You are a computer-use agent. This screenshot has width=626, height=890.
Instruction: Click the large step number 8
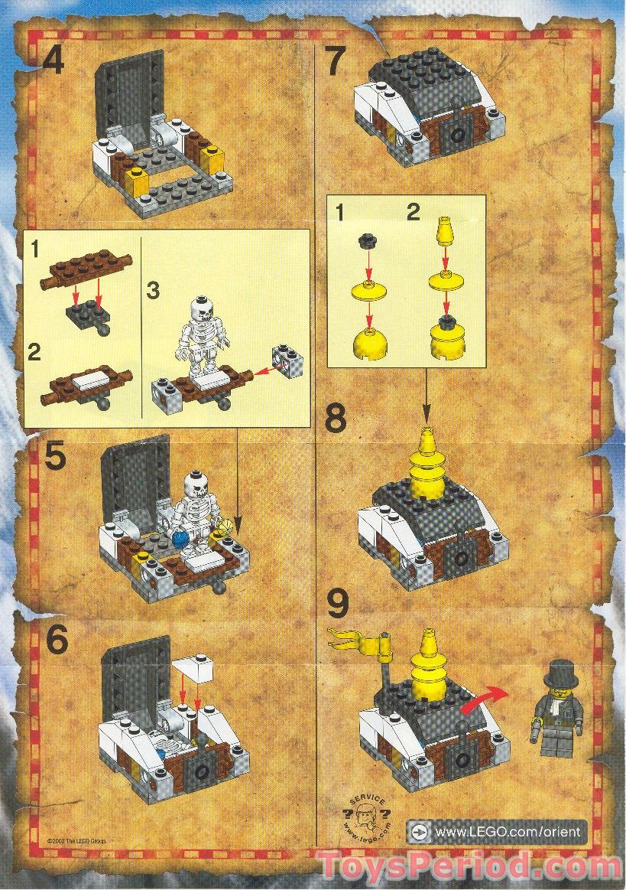pos(336,419)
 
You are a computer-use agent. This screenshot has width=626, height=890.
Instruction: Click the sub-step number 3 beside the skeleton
pos(154,292)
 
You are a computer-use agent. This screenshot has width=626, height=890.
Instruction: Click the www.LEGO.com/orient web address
pos(508,832)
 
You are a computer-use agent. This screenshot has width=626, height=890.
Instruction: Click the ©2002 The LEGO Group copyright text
pos(76,839)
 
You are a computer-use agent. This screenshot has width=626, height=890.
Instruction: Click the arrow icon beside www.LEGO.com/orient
pos(417,832)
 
